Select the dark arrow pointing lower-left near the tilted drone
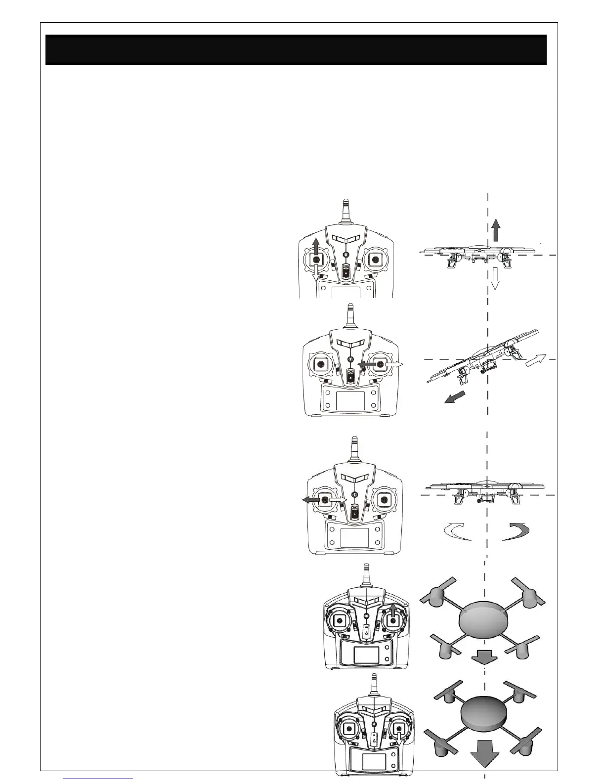pyautogui.click(x=455, y=396)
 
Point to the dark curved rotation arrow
pyautogui.click(x=517, y=532)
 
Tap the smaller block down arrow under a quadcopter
pyautogui.click(x=482, y=657)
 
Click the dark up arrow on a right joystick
pyautogui.click(x=393, y=610)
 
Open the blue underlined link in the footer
pyautogui.click(x=98, y=779)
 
